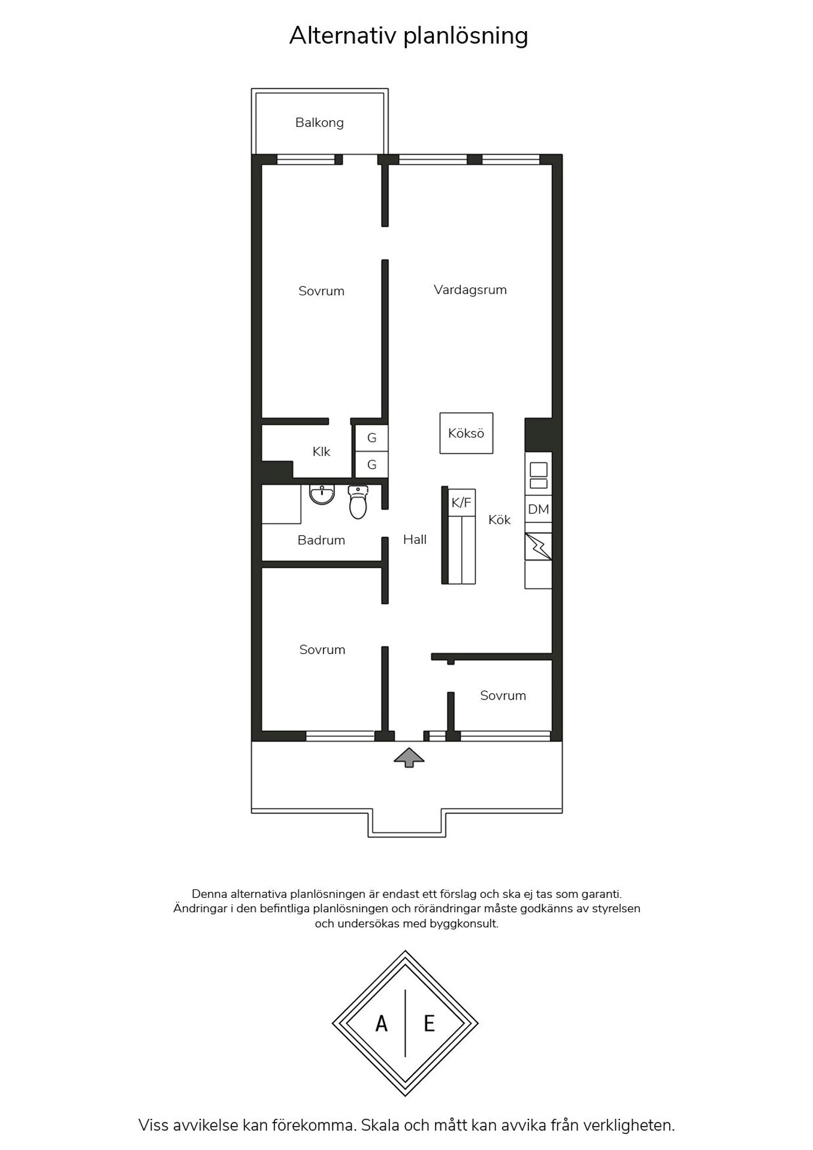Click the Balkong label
pos(319,123)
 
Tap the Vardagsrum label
pos(470,290)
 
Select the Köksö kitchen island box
pos(466,433)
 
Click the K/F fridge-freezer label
pos(461,503)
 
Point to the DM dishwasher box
pos(538,509)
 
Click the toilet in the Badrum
pos(358,502)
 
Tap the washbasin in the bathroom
pos(322,495)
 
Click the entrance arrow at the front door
pos(409,758)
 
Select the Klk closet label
pos(321,452)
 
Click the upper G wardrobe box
pos(371,438)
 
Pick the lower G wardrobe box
pos(371,464)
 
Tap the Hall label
pos(415,540)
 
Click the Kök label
pos(499,520)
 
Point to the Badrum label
pos(321,540)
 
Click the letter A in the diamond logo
pos(382,1024)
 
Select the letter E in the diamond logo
pos(429,1024)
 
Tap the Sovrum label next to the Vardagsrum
pos(321,291)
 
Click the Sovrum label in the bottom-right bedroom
pos(503,695)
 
